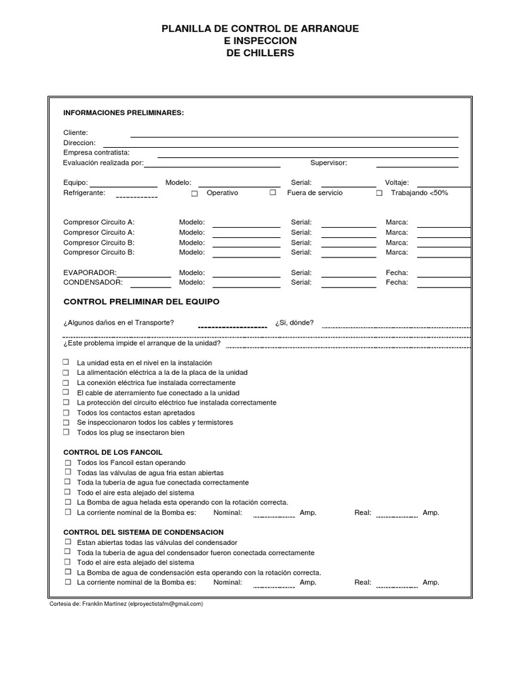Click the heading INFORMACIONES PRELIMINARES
tap(123, 113)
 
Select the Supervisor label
tap(328, 163)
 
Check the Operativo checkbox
tap(195, 193)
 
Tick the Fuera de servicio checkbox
tap(273, 193)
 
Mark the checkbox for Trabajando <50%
tap(379, 193)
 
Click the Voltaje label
tap(397, 182)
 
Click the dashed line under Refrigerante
tap(136, 197)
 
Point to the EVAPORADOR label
tap(90, 272)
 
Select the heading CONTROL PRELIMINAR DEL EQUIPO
tap(141, 302)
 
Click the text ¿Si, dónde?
tap(294, 323)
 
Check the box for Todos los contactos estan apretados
tap(66, 413)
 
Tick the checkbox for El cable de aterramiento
tap(66, 392)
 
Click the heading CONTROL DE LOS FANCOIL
tap(113, 452)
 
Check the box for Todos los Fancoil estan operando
tap(68, 462)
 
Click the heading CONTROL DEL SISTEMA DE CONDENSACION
tap(143, 533)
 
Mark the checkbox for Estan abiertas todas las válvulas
tap(68, 543)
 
